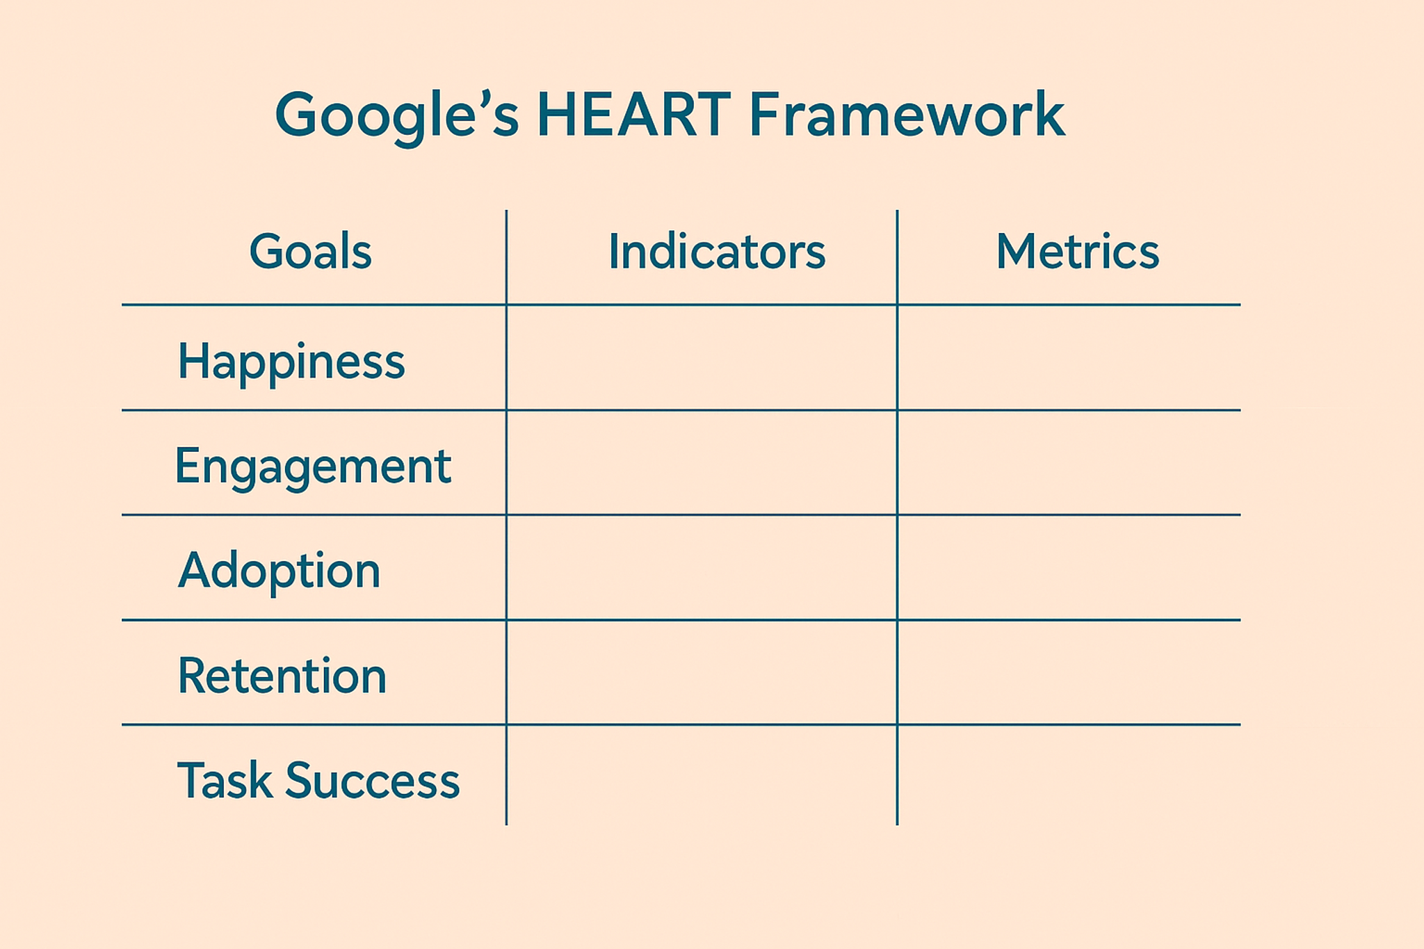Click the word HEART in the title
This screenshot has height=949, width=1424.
[x=633, y=114]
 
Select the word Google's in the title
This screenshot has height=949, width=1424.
[x=397, y=117]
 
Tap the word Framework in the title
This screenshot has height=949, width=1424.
[x=907, y=114]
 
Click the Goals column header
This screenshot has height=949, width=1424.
[x=310, y=252]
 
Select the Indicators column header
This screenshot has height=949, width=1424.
[x=717, y=251]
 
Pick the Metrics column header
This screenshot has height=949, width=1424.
[x=1078, y=251]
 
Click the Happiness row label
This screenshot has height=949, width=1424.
[x=291, y=362]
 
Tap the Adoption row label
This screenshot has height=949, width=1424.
[x=280, y=571]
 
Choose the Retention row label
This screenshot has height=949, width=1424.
[x=282, y=676]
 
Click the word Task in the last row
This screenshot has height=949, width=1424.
[x=225, y=780]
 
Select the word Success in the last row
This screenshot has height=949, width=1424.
[x=373, y=780]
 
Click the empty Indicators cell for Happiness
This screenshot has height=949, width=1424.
[x=702, y=357]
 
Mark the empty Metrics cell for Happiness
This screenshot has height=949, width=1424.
[x=1069, y=357]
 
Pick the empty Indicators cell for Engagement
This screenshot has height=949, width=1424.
[x=702, y=462]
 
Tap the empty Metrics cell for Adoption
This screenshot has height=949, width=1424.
[x=1069, y=567]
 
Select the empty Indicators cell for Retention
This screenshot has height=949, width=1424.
[x=702, y=672]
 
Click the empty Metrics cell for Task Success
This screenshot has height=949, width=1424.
[x=1069, y=775]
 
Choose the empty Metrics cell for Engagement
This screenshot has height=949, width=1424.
[x=1069, y=462]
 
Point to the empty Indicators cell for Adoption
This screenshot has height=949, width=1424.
[x=702, y=567]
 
